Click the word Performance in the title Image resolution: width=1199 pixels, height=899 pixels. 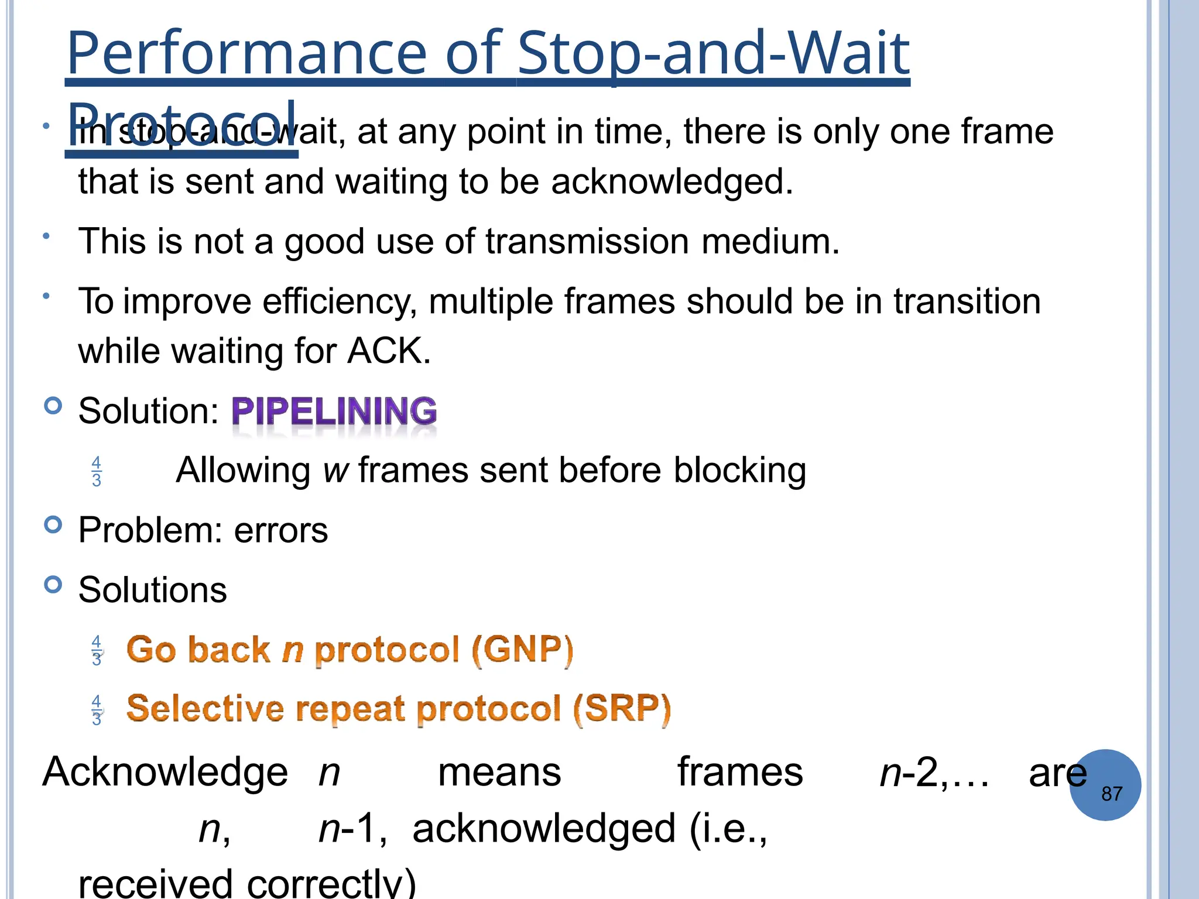pos(246,54)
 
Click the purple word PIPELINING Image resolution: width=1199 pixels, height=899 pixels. pos(334,411)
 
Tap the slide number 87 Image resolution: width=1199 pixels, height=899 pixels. pos(1111,794)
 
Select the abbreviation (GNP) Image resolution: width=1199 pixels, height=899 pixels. pos(522,650)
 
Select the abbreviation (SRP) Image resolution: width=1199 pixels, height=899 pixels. pos(622,709)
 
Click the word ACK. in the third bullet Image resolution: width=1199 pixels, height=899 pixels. pos(389,351)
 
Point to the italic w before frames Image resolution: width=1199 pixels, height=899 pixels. pos(335,471)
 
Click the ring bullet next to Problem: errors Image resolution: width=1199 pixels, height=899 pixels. pos(53,525)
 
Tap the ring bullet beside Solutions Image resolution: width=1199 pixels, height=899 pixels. pos(53,585)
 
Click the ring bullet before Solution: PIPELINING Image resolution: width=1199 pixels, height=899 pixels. pos(53,406)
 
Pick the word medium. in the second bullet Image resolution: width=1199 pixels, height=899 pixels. pos(770,241)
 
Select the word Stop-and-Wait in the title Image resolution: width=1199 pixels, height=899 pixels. pos(713,54)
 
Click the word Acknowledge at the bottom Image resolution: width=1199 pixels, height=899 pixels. pos(165,773)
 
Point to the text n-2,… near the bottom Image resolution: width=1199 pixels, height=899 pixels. pos(934,773)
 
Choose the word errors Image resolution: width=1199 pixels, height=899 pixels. pos(281,531)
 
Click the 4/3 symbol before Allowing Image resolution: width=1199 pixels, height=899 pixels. pos(97,472)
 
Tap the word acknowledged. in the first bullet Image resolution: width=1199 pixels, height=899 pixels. pos(672,181)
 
